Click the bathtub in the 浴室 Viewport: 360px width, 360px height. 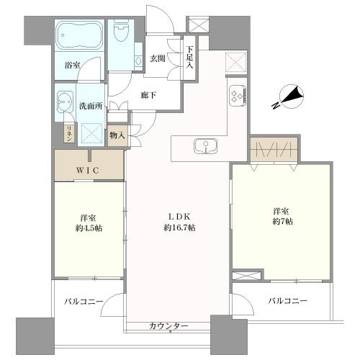click(x=79, y=37)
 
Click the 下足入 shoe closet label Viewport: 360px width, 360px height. click(x=190, y=58)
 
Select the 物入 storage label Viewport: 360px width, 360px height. click(x=117, y=135)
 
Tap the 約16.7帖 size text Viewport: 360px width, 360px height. click(x=180, y=228)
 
